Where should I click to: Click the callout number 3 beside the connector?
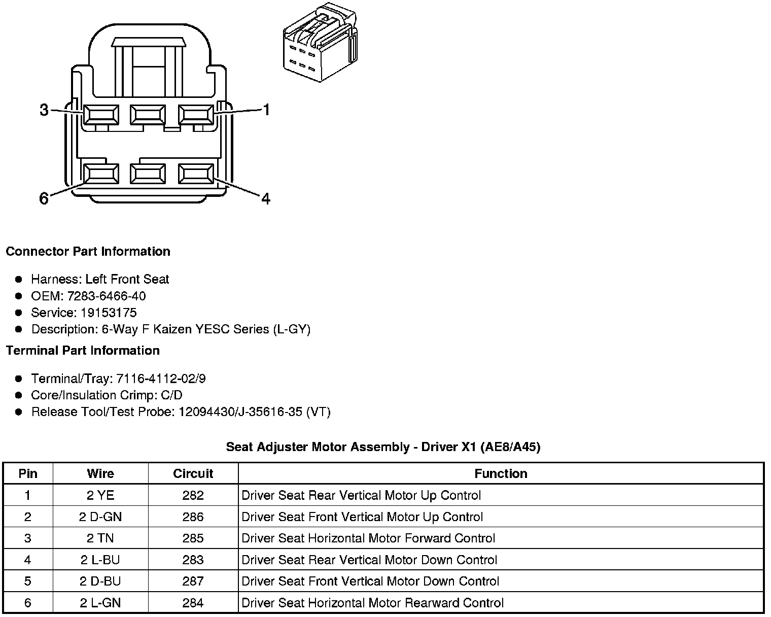click(44, 110)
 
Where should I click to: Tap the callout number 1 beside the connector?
click(266, 110)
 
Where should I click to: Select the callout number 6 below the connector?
click(44, 198)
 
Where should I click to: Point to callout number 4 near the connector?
click(266, 198)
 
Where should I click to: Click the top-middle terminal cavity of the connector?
click(148, 115)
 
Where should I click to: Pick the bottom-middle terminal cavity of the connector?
click(148, 174)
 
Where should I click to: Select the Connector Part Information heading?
click(88, 252)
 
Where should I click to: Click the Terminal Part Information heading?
click(83, 351)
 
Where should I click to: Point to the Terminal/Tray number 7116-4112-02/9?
click(161, 379)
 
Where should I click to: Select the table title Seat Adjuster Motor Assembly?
click(383, 447)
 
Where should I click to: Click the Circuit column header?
click(193, 473)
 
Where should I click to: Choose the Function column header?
click(501, 473)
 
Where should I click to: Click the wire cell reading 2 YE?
click(100, 495)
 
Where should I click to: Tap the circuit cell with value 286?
click(193, 517)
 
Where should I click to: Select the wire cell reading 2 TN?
click(100, 538)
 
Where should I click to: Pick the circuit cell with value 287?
click(193, 581)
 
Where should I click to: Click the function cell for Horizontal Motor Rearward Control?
click(373, 603)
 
